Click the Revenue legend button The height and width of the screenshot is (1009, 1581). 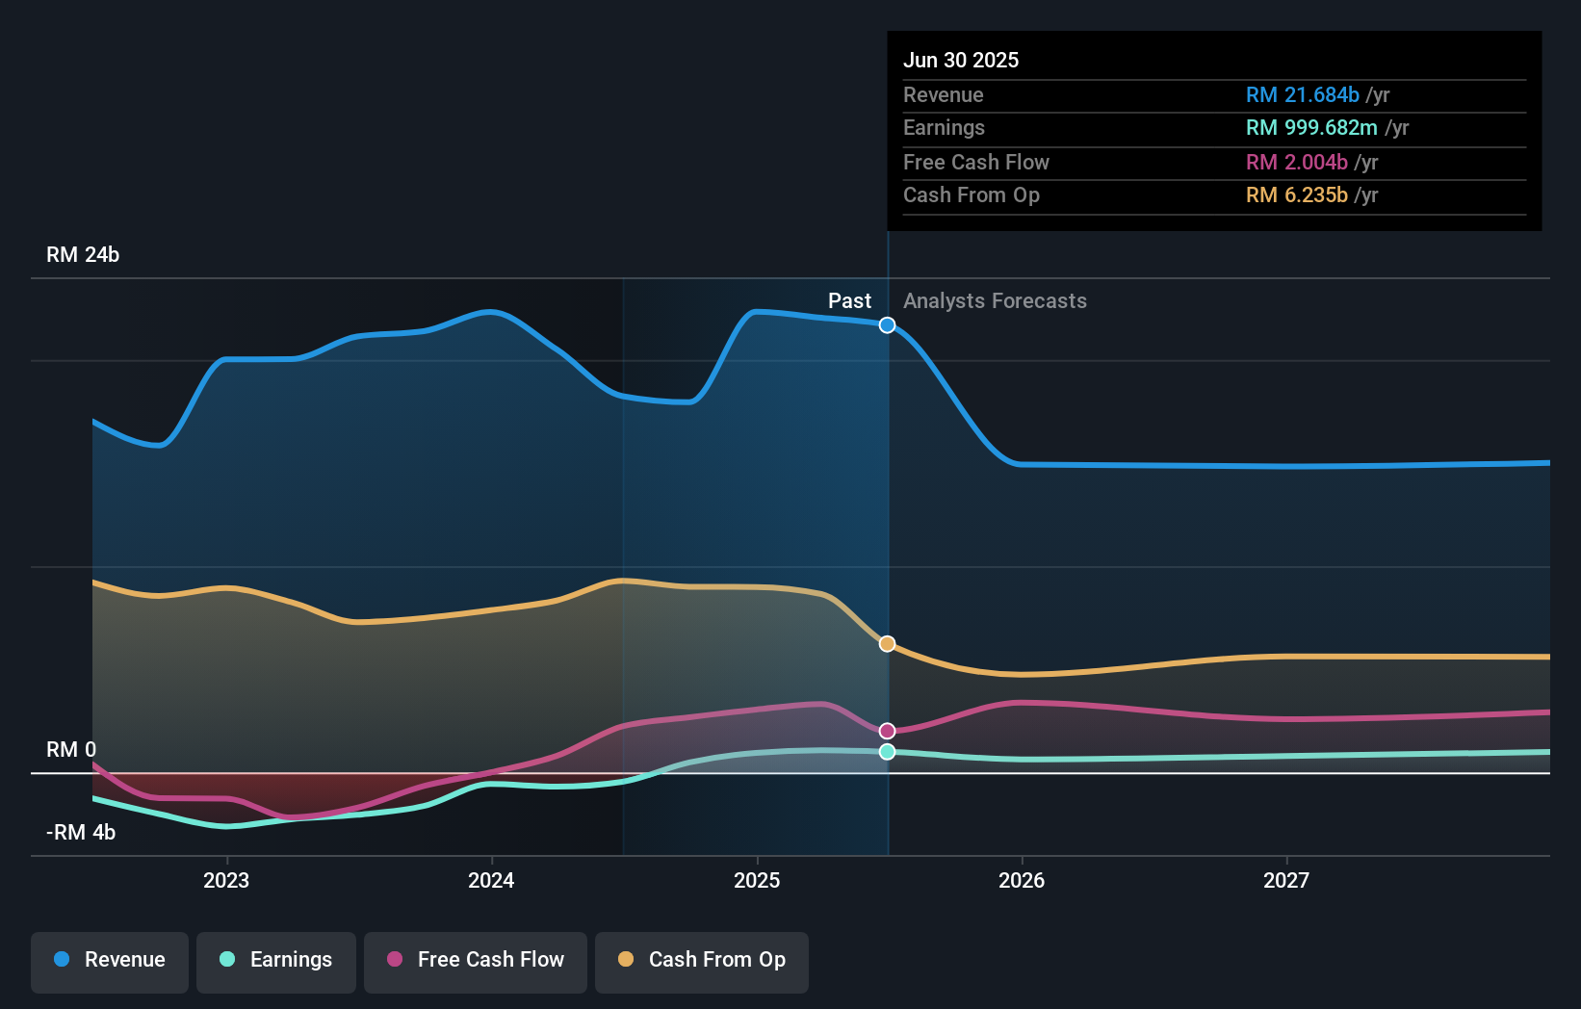tap(110, 961)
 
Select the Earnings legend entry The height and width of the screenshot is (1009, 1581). tap(276, 961)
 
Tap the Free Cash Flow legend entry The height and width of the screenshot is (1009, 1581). tap(476, 961)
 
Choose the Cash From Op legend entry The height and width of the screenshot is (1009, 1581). tap(702, 961)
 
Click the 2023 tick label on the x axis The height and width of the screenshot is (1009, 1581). tap(226, 881)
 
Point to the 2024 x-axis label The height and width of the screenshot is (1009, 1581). tap(491, 881)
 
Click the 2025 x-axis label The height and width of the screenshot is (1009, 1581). tap(757, 881)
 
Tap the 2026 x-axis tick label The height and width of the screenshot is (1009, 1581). tap(1022, 881)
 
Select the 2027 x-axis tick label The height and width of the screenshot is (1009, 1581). tap(1286, 881)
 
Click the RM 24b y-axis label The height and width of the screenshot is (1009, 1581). tap(83, 255)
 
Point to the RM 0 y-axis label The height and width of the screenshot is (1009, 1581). tap(71, 750)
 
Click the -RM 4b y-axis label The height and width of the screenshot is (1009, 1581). tap(81, 833)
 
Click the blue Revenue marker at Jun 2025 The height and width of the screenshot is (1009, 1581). tap(888, 325)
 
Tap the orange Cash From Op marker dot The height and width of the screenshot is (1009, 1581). tap(888, 644)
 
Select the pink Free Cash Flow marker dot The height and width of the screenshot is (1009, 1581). tap(888, 732)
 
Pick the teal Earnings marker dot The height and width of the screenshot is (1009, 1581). tap(888, 752)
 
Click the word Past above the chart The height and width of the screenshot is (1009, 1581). tap(849, 301)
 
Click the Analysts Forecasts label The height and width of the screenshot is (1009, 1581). tap(995, 301)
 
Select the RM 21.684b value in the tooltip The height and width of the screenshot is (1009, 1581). tap(1302, 95)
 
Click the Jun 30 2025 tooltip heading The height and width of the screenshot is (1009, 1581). tap(961, 61)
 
